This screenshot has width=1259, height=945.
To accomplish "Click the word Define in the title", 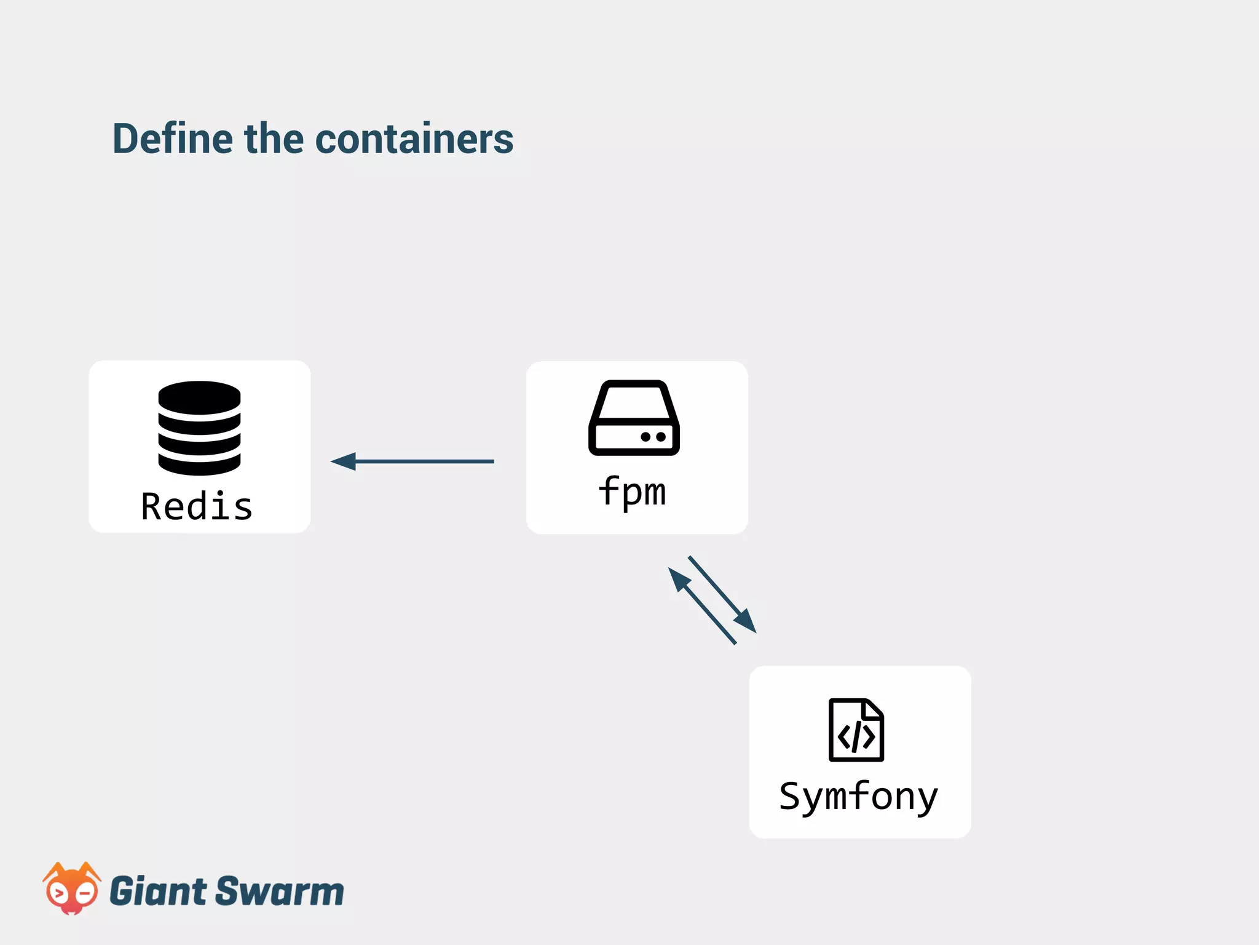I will click(173, 139).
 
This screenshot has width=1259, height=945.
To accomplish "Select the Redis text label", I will click(197, 507).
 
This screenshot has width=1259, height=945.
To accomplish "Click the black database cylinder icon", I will click(199, 428).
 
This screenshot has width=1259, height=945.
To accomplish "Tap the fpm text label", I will click(632, 492).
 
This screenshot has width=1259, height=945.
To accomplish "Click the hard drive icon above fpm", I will click(634, 418).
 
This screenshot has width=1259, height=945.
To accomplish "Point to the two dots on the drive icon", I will click(653, 437).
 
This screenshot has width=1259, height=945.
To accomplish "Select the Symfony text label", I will click(859, 797).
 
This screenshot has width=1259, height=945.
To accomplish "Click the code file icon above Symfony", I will click(856, 730).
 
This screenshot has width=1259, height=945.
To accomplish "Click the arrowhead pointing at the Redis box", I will click(344, 461).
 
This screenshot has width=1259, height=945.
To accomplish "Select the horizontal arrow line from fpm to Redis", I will click(424, 461).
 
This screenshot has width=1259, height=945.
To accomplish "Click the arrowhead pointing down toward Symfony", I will click(746, 621).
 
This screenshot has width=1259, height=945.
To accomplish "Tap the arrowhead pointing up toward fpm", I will click(679, 579).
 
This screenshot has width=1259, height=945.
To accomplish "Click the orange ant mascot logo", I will click(71, 889).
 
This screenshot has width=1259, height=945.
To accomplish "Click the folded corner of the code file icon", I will click(874, 709).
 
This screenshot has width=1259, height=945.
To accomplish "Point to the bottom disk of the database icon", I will click(199, 465).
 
